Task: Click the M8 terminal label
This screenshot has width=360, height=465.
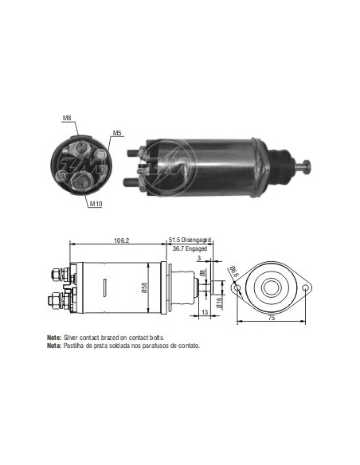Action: click(x=67, y=118)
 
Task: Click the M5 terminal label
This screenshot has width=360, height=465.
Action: click(x=117, y=133)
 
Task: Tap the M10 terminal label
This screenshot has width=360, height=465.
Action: click(x=96, y=204)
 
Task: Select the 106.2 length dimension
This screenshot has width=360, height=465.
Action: click(x=122, y=240)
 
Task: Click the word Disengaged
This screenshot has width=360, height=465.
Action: click(x=196, y=240)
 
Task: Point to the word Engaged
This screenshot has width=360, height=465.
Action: click(x=196, y=248)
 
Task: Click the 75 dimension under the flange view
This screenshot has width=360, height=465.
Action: click(x=272, y=318)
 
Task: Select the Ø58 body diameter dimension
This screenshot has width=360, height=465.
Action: click(x=144, y=287)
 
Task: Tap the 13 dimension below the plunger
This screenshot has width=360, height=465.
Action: click(x=205, y=312)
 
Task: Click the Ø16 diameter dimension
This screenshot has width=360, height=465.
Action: click(x=219, y=303)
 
